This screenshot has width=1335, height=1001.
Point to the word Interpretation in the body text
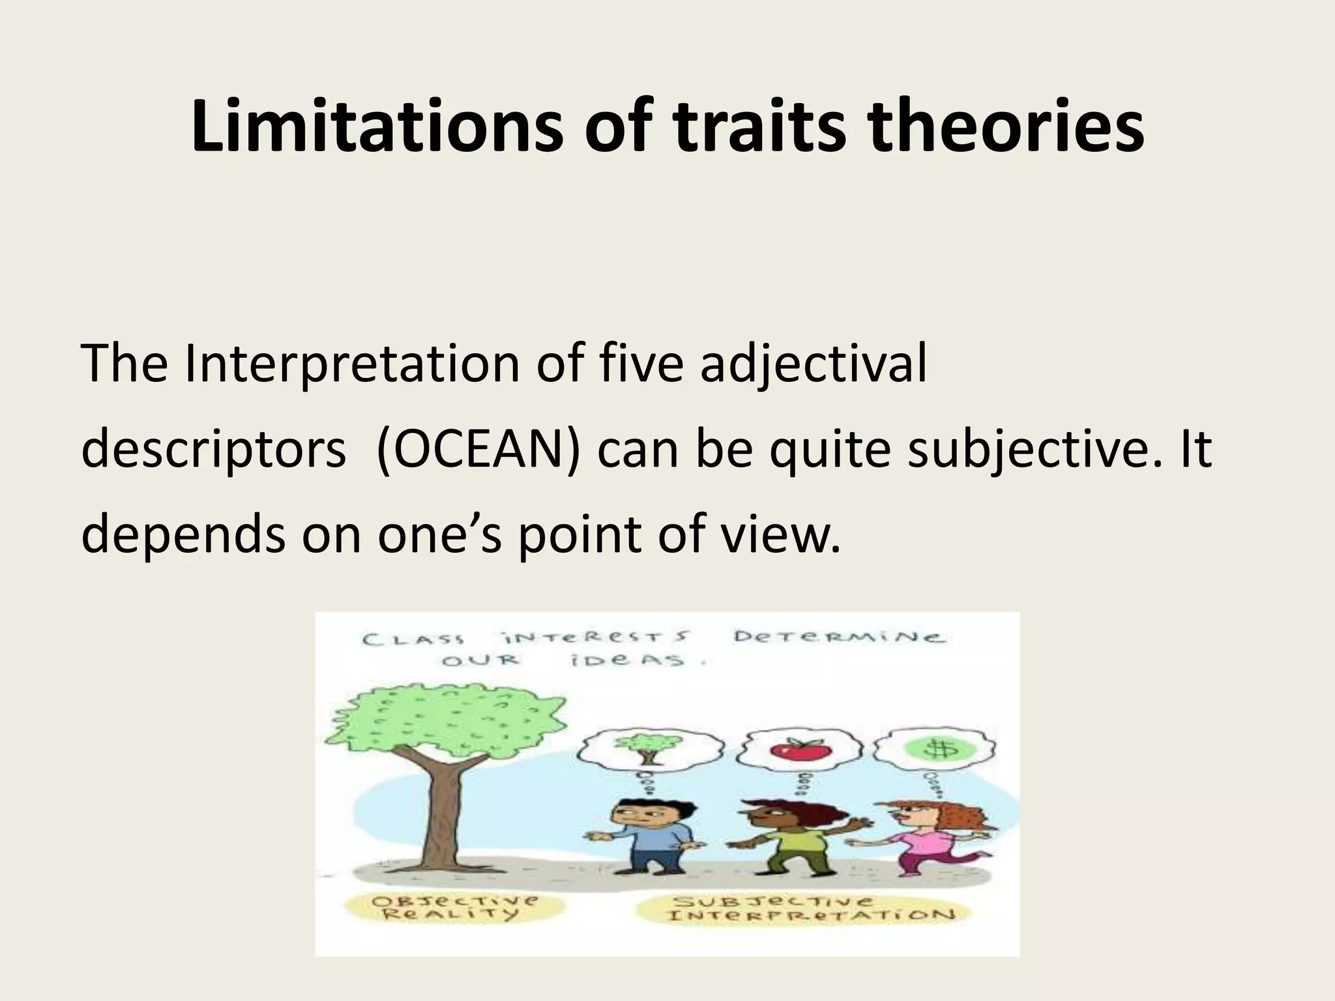(x=351, y=366)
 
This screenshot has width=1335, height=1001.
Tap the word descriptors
(x=213, y=450)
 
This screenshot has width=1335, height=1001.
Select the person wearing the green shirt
(x=792, y=841)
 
